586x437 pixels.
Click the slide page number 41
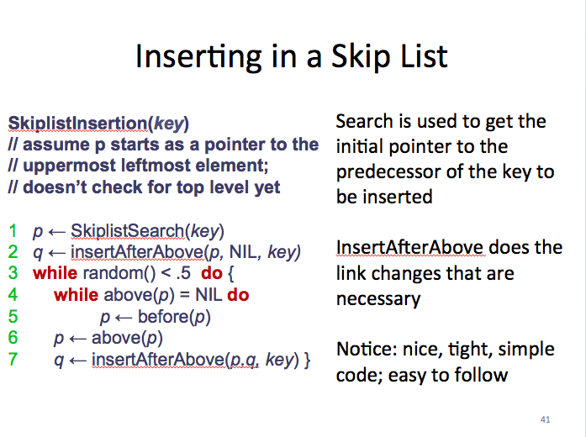click(x=546, y=419)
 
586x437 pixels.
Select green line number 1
click(x=13, y=231)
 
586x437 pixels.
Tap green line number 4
click(x=13, y=295)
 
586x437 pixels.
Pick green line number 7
click(x=13, y=360)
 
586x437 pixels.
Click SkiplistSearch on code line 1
click(x=128, y=231)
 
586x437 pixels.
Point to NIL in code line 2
click(x=242, y=252)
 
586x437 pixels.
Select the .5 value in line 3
click(x=183, y=273)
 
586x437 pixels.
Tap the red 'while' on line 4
click(x=77, y=295)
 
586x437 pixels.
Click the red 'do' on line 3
click(x=212, y=273)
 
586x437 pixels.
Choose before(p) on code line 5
click(x=174, y=317)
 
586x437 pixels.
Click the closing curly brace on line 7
click(x=307, y=360)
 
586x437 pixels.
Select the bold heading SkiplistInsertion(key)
click(x=98, y=124)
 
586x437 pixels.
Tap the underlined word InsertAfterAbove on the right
click(x=410, y=248)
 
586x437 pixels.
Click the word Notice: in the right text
click(x=367, y=350)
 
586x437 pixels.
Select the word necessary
click(x=378, y=299)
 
